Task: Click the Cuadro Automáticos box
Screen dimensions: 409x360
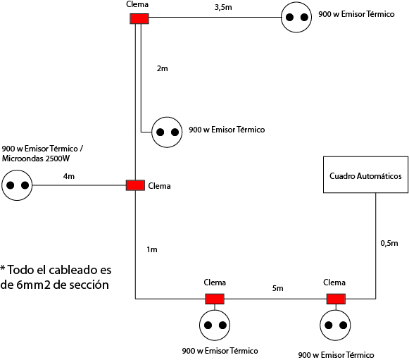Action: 365,175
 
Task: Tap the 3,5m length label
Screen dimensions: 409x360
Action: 223,7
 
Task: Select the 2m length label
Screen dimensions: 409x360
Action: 162,68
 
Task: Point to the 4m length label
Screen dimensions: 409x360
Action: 69,176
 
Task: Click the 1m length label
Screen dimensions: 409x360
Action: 152,249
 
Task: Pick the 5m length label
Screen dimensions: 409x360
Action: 278,288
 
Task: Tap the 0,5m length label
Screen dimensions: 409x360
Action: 389,243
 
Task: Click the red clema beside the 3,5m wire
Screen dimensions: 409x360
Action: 139,19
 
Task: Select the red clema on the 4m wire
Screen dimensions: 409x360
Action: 135,185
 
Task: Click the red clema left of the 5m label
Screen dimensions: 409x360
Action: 215,299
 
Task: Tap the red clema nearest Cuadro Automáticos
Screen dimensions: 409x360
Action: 336,299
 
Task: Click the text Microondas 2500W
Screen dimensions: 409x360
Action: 36,159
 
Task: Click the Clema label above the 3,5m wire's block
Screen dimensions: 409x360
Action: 137,4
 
